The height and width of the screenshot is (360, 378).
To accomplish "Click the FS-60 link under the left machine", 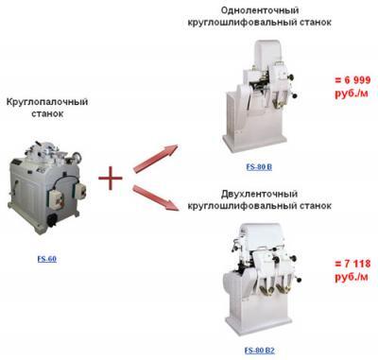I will click(x=45, y=256).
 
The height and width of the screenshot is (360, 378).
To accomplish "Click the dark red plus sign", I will click(x=112, y=177).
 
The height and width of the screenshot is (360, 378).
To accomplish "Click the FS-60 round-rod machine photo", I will click(x=46, y=183).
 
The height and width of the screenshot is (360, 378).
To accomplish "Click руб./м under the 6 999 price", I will click(x=347, y=97).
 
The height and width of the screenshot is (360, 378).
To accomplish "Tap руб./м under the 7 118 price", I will click(x=347, y=281).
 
